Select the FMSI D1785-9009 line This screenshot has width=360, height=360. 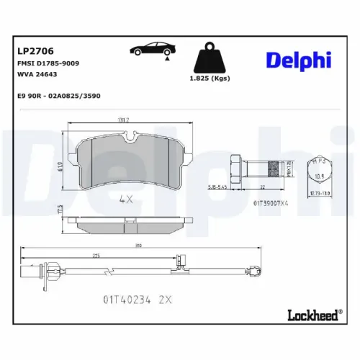click(48, 64)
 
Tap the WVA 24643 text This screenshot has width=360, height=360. click(37, 75)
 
